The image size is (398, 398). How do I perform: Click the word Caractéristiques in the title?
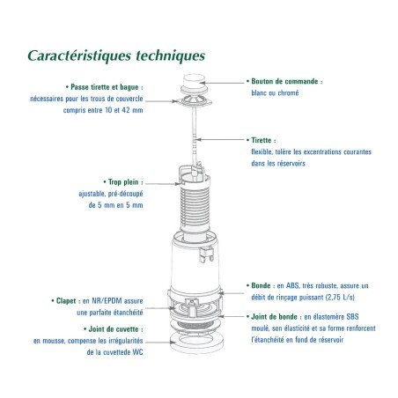click(x=79, y=55)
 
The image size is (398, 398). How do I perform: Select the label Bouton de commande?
click(x=284, y=81)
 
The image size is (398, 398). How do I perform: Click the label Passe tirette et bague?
click(x=105, y=87)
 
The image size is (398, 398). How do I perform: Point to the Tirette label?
click(x=262, y=140)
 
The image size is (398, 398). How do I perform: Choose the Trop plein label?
click(x=123, y=182)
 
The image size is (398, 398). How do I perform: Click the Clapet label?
click(x=66, y=301)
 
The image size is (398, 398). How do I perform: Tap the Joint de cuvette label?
click(x=114, y=329)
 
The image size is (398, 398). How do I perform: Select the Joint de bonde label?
click(x=274, y=317)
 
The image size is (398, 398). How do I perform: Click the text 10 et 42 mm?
click(x=124, y=110)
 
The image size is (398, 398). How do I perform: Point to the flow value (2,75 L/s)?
click(x=340, y=298)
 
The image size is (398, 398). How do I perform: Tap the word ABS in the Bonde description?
click(x=292, y=285)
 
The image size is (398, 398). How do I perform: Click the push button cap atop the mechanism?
click(x=194, y=80)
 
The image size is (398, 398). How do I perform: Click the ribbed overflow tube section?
click(x=195, y=207)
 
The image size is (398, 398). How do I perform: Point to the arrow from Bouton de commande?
click(x=221, y=83)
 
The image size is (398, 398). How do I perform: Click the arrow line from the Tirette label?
click(x=219, y=139)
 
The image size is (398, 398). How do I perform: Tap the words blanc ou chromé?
click(x=275, y=93)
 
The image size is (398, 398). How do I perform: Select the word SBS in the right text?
click(x=352, y=317)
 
